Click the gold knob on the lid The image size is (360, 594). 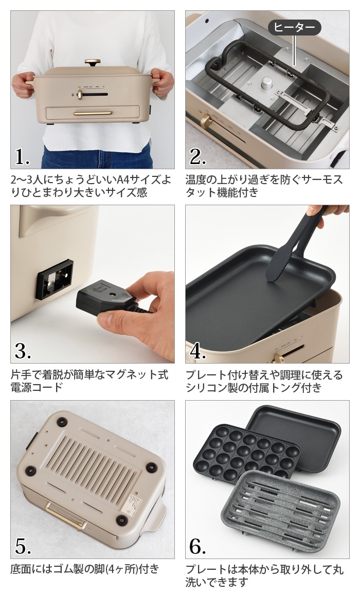coord(93,62)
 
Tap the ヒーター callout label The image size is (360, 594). coord(294,28)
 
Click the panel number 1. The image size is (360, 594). coord(22,157)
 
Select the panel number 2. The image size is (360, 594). coord(197,157)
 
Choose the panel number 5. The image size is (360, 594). coord(23,546)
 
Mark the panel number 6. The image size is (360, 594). coord(198,546)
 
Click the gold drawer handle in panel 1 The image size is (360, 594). coord(93,113)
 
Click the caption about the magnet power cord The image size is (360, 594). coord(89,381)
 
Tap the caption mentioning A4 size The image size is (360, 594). coord(91,186)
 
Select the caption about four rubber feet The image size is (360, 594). coord(85,569)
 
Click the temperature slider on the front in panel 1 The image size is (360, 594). coord(93,95)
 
